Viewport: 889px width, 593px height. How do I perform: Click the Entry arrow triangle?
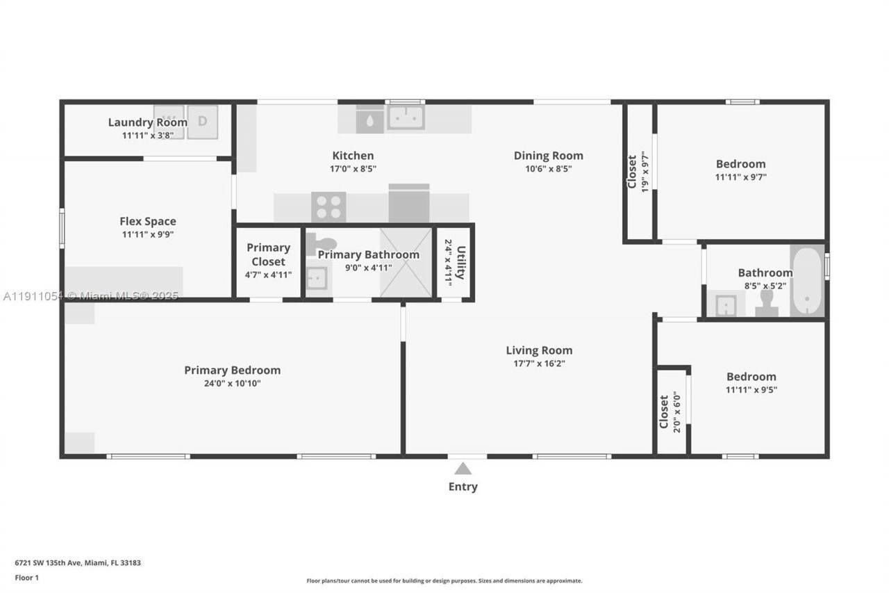pos(463,469)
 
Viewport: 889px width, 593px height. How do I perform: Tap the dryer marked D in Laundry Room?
pos(202,122)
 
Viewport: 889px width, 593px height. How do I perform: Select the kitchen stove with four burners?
pos(329,206)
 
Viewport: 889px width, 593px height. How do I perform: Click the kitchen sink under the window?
pos(406,117)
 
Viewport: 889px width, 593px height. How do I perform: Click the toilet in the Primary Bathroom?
pos(321,244)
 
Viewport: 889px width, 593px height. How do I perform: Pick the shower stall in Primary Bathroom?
pos(406,263)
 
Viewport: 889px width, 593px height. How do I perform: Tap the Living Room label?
pos(539,350)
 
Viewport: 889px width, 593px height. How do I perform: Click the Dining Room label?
pos(548,156)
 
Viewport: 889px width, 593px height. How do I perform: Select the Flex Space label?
pos(148,221)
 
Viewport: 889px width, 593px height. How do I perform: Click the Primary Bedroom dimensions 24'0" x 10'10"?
pos(232,383)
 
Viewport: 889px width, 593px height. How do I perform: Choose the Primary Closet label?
pos(268,254)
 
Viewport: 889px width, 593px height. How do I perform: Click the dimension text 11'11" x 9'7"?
pos(740,177)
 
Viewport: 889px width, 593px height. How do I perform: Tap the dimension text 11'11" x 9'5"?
pos(751,389)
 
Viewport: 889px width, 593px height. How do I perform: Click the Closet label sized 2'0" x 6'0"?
pos(663,412)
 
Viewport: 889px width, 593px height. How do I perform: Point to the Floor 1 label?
pos(27,577)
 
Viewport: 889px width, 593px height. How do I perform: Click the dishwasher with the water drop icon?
pos(369,120)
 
